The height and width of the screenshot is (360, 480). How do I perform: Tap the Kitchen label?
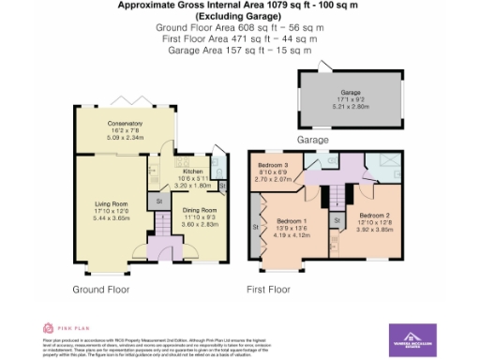[x=192, y=172]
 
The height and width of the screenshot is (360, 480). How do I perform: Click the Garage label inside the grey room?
[x=351, y=93]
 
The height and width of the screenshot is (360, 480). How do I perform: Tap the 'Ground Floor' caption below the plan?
[x=101, y=290]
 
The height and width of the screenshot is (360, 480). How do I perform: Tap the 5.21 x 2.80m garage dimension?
[x=351, y=106]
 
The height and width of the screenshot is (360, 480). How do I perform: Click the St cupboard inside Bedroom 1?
[x=256, y=226]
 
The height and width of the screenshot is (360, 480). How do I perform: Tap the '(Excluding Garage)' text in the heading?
[x=239, y=18]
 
